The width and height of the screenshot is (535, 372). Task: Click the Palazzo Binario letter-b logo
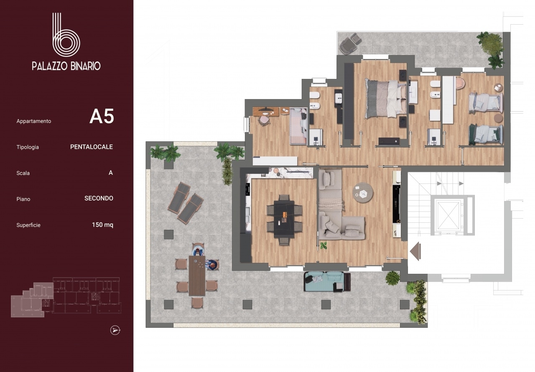[66, 35]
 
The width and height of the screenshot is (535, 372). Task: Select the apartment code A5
[102, 117]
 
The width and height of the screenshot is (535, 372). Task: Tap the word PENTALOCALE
[92, 147]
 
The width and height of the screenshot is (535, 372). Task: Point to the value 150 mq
[103, 225]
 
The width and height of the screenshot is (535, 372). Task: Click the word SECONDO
[99, 199]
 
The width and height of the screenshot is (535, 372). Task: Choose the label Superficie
[28, 225]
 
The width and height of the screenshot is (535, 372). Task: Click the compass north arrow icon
[115, 331]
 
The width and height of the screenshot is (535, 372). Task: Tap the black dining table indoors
[284, 219]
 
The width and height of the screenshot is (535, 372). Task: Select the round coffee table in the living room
[363, 193]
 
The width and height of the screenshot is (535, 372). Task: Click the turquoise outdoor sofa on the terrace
[327, 282]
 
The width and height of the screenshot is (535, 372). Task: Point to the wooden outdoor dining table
[197, 275]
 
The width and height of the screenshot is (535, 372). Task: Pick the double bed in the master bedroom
[385, 99]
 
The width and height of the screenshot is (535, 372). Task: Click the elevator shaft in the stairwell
[448, 215]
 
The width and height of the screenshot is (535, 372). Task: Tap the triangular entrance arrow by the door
[415, 251]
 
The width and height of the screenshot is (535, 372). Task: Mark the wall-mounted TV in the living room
[397, 204]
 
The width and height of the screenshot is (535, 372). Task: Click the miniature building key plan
[66, 297]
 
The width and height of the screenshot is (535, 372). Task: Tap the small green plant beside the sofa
[324, 245]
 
